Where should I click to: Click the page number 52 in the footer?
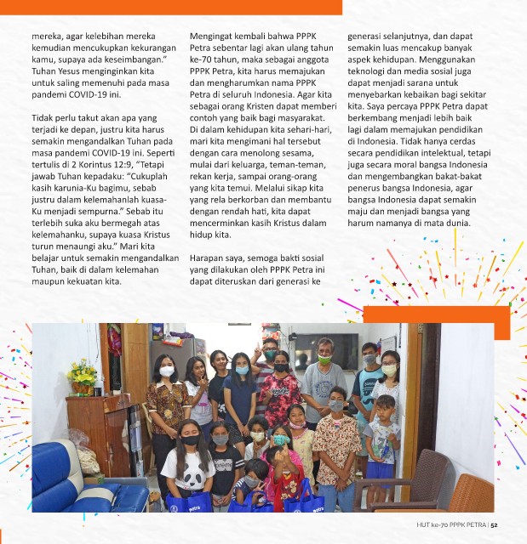pos(506,524)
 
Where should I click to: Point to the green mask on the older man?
pos(324,360)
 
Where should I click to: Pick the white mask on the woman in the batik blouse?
pos(167,371)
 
